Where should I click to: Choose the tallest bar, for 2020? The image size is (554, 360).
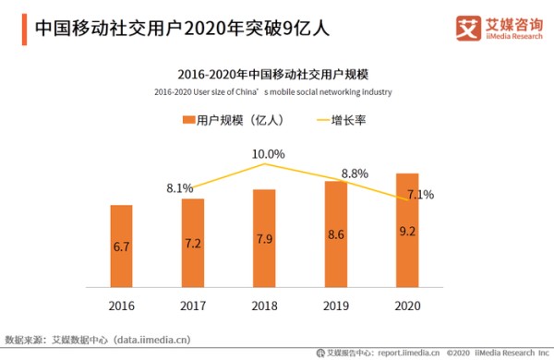[407, 230]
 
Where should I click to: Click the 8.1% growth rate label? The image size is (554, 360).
[179, 188]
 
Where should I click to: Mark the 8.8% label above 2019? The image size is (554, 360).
[355, 173]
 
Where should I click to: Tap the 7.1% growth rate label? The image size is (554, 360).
[420, 195]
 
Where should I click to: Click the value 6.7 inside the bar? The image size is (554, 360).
[122, 247]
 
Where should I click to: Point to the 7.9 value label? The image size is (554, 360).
[264, 240]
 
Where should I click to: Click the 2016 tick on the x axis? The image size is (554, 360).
[122, 306]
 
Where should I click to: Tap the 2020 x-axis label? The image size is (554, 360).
[407, 306]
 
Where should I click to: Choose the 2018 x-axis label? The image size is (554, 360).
[264, 306]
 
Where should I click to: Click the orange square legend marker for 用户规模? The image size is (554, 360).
[189, 121]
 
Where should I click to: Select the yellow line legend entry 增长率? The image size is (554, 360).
[343, 121]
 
